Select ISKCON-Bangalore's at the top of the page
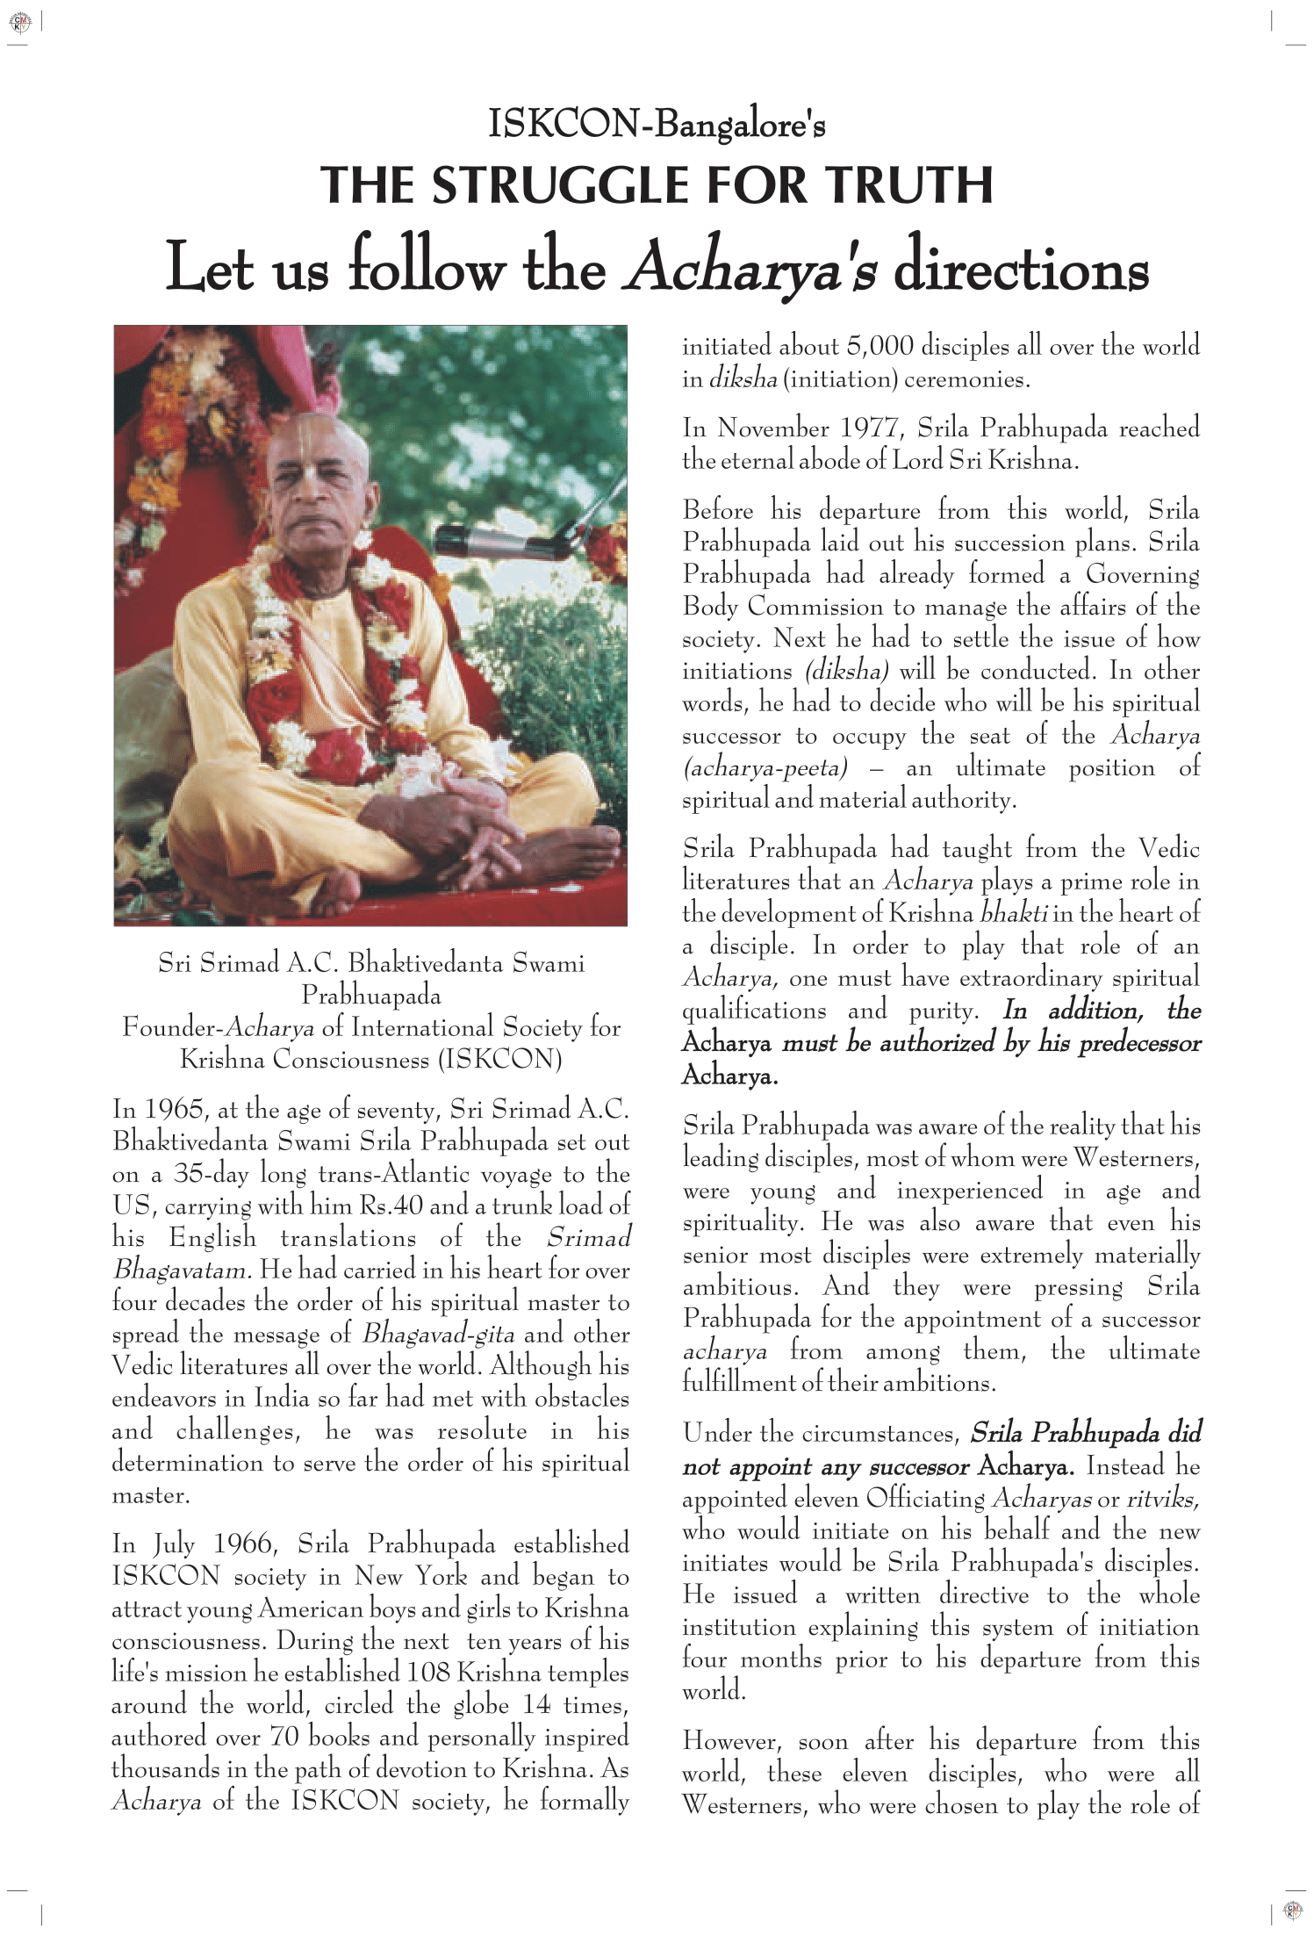click(657, 124)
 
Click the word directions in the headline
click(1021, 268)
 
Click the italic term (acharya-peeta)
click(765, 768)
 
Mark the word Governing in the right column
click(1142, 575)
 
